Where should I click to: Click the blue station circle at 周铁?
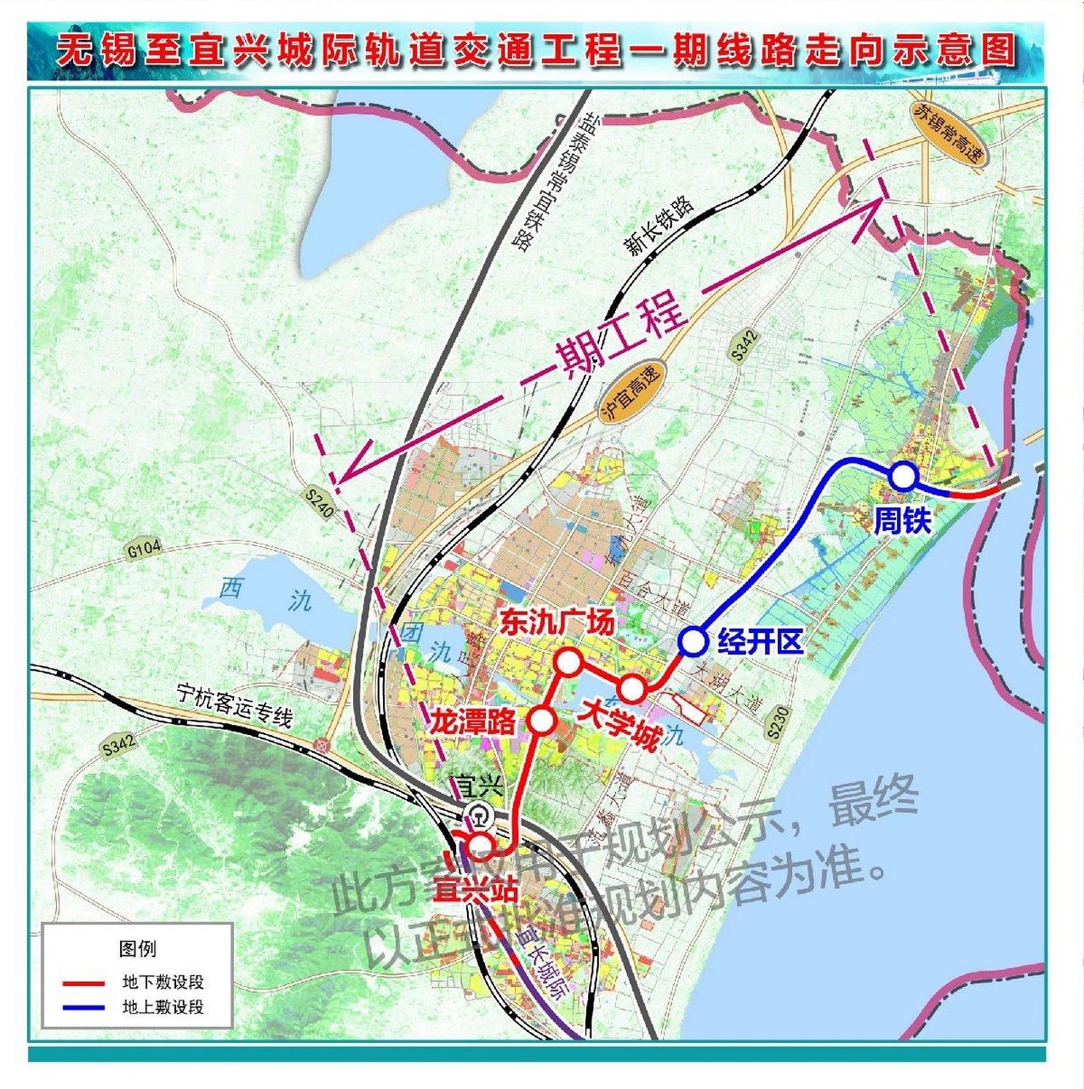point(902,476)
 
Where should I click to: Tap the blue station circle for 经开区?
point(693,641)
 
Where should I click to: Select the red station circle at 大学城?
point(631,687)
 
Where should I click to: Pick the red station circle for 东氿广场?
point(568,662)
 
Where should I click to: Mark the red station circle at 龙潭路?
point(542,721)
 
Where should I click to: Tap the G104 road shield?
point(144,550)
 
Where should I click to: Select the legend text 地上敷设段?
point(163,1007)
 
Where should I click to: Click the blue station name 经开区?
point(760,641)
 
